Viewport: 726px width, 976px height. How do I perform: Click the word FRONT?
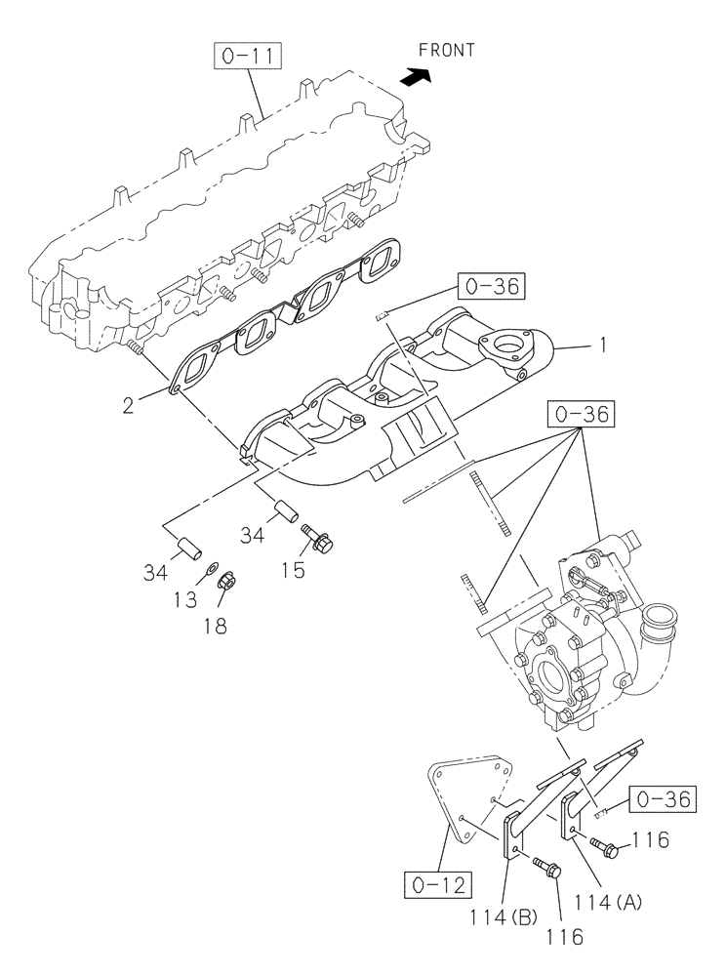pos(446,50)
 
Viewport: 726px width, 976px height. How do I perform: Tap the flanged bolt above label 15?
pos(318,537)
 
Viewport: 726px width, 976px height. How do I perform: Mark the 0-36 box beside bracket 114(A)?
pos(663,799)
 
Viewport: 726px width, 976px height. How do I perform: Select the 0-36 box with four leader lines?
pos(580,415)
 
